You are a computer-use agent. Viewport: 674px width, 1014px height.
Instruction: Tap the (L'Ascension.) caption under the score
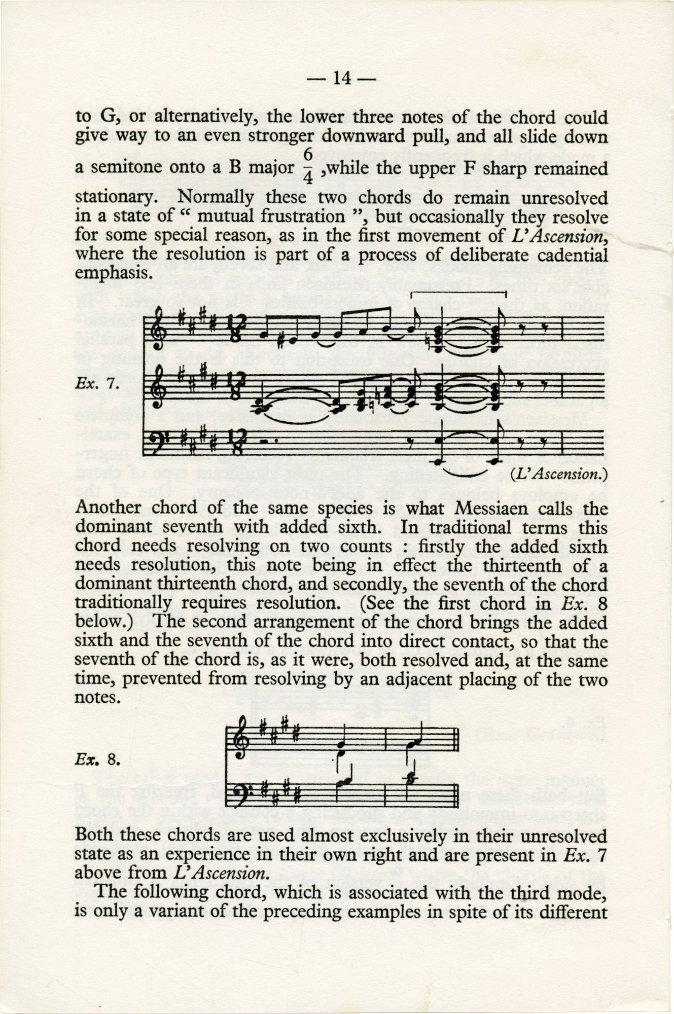click(x=558, y=474)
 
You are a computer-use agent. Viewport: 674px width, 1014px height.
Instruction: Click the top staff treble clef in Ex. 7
click(x=158, y=330)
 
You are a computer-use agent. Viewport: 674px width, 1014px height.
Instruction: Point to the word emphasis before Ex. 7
click(x=112, y=273)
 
